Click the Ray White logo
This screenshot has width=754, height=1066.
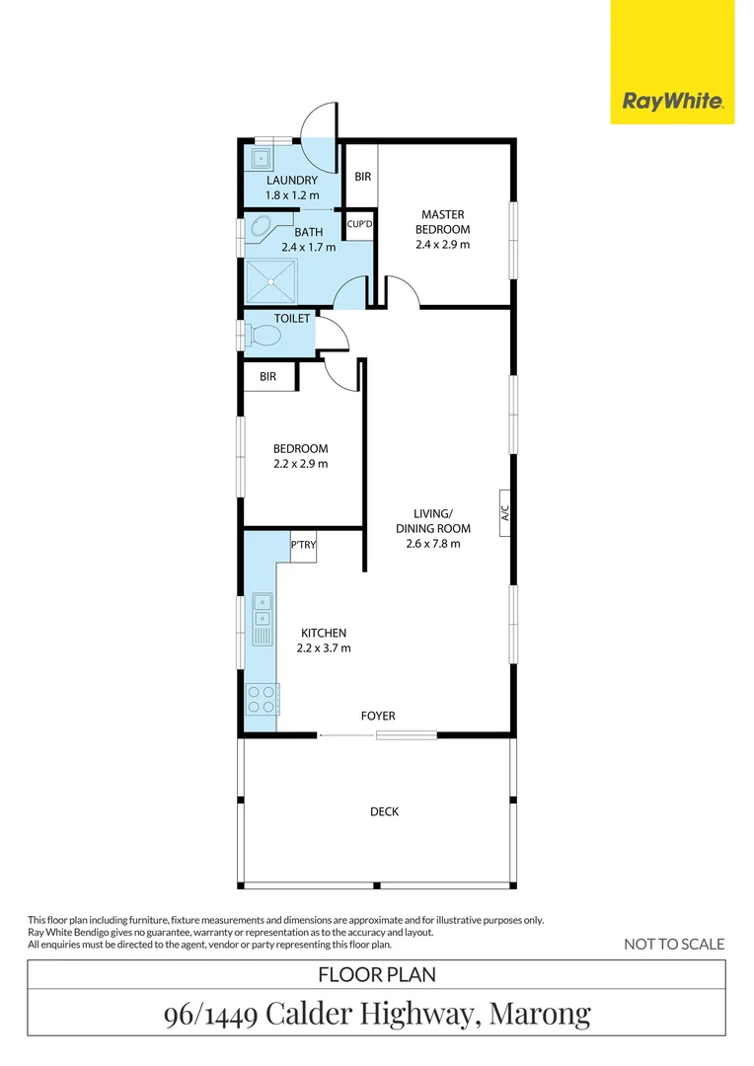672,101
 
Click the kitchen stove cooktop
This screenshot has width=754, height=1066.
263,700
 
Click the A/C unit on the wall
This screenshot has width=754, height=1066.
504,513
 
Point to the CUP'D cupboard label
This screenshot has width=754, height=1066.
360,225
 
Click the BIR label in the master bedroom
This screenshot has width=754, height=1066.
362,177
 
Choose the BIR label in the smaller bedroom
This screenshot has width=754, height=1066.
267,377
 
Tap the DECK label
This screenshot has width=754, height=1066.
384,811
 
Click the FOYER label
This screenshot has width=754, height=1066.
378,716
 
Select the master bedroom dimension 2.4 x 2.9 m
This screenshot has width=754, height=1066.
443,244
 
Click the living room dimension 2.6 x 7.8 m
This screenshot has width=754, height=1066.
433,543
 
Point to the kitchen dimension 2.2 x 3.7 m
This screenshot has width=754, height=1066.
324,648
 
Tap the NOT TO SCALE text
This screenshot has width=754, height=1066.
674,944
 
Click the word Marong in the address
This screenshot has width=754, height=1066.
540,1013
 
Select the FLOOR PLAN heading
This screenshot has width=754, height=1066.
376,974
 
